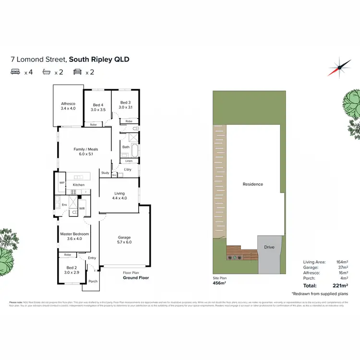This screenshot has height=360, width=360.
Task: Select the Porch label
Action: [x=93, y=282]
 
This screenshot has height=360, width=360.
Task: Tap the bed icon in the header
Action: [x=15, y=72]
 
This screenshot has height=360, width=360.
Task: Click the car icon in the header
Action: [x=77, y=72]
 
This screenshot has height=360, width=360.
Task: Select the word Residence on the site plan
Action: [x=252, y=184]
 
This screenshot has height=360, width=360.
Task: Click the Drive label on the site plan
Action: [x=269, y=247]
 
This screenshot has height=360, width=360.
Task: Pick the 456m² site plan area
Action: [x=220, y=283]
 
